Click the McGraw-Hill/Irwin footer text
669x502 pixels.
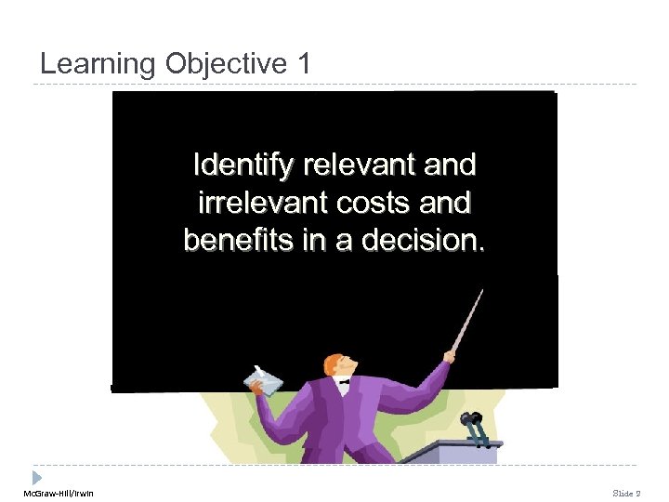pyautogui.click(x=59, y=492)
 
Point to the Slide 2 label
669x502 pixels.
pyautogui.click(x=625, y=492)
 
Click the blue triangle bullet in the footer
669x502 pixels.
pyautogui.click(x=37, y=476)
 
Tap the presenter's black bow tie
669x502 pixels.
pyautogui.click(x=343, y=380)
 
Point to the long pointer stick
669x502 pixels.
pyautogui.click(x=467, y=320)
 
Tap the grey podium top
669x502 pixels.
pyautogui.click(x=455, y=451)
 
